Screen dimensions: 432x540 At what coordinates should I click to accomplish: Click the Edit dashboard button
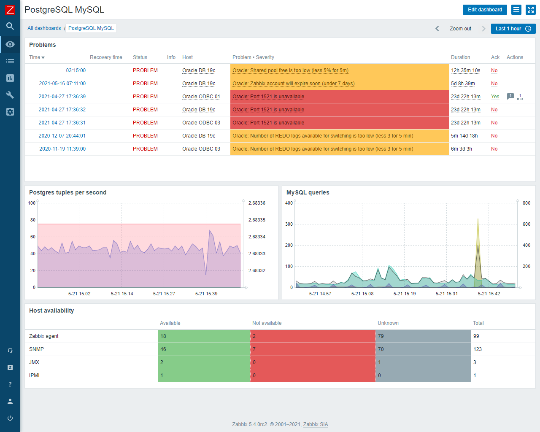[x=485, y=10]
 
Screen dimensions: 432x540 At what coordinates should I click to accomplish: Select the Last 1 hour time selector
[x=513, y=29]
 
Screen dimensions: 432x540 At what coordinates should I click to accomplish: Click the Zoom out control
[x=460, y=29]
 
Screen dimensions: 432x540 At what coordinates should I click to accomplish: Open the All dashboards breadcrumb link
[x=44, y=28]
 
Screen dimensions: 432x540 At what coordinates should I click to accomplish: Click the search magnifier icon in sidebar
[x=10, y=26]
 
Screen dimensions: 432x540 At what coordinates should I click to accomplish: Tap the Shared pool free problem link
[x=290, y=70]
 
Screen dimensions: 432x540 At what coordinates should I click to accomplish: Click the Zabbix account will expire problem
[x=293, y=84]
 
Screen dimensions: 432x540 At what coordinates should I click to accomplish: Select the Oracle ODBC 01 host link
[x=201, y=97]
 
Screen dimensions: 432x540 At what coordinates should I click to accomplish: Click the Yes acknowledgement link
[x=495, y=97]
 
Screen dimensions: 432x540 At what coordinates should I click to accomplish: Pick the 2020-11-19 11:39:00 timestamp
[x=62, y=149]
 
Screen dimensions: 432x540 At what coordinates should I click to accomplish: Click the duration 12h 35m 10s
[x=465, y=70]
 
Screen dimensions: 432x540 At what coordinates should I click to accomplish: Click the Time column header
[x=37, y=57]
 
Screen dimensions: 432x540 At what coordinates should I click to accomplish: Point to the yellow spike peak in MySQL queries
[x=478, y=219]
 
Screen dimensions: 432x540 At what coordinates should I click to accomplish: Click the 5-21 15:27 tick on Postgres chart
[x=164, y=294]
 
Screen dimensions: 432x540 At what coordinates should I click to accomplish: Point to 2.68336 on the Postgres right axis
[x=256, y=203]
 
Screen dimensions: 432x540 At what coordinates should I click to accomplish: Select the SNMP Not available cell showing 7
[x=313, y=349]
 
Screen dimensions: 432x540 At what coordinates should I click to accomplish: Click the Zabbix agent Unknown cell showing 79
[x=423, y=336]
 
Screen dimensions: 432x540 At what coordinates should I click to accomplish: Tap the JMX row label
[x=34, y=362]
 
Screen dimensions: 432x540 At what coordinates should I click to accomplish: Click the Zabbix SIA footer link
[x=315, y=424]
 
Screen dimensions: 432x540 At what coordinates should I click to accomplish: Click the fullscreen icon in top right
[x=530, y=10]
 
